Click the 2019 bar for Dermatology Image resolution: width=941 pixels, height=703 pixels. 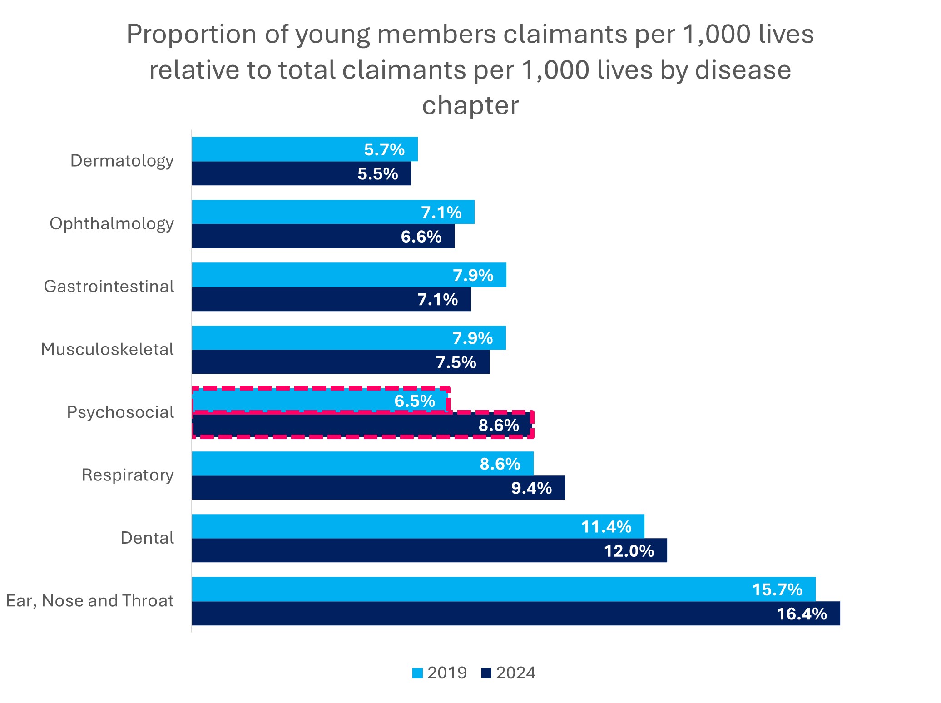pyautogui.click(x=304, y=149)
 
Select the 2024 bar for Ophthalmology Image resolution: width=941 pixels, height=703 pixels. pyautogui.click(x=322, y=236)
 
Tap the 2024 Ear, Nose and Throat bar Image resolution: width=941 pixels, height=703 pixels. pyautogui.click(x=515, y=614)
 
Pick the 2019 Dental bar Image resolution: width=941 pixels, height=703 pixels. pyautogui.click(x=418, y=526)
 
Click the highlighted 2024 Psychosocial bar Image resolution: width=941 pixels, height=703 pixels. pyautogui.click(x=362, y=426)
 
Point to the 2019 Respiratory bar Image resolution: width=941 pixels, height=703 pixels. pyautogui.click(x=362, y=464)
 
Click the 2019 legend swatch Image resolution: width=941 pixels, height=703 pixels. pyautogui.click(x=417, y=673)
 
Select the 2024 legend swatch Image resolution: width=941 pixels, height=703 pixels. pyautogui.click(x=486, y=673)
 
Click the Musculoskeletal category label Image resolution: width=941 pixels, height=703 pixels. pyautogui.click(x=107, y=349)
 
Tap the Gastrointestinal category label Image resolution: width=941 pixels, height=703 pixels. pyautogui.click(x=109, y=287)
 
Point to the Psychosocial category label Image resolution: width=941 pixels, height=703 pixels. pyautogui.click(x=120, y=412)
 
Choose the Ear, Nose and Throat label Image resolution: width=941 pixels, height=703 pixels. pyautogui.click(x=89, y=601)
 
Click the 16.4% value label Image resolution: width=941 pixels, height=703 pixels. pyautogui.click(x=802, y=614)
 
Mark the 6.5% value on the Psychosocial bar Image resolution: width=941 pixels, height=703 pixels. pyautogui.click(x=415, y=401)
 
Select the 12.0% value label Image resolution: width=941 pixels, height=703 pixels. pyautogui.click(x=629, y=551)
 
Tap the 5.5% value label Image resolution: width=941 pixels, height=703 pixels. pyautogui.click(x=377, y=174)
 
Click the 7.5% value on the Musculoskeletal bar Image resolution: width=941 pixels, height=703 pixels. pyautogui.click(x=456, y=362)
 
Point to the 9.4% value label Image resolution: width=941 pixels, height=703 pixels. pyautogui.click(x=531, y=488)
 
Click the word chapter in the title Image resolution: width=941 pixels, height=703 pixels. pyautogui.click(x=470, y=105)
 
